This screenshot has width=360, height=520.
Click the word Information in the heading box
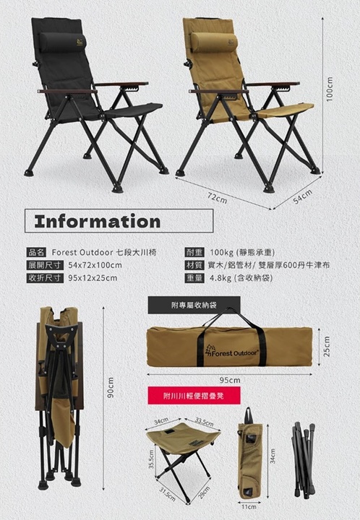98,221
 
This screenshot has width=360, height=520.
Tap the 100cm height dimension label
330,90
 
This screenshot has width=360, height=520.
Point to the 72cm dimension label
218,199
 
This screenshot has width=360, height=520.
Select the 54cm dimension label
303,196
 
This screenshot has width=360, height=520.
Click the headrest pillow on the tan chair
214,43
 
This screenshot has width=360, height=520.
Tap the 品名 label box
36,252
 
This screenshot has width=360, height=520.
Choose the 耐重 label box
194,252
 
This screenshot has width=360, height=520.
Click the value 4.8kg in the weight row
220,278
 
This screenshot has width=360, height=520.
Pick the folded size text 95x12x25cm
93,278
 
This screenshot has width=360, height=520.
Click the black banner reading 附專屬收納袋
194,305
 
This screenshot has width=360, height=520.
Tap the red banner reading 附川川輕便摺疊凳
194,395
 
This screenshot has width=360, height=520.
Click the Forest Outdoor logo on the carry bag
231,352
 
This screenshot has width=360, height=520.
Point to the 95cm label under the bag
230,380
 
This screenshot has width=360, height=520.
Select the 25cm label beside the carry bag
327,347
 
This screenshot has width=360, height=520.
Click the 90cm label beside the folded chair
111,387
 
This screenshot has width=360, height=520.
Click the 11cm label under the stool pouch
249,507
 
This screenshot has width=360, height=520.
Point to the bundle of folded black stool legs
304,459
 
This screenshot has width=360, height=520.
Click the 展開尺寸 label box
45,265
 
